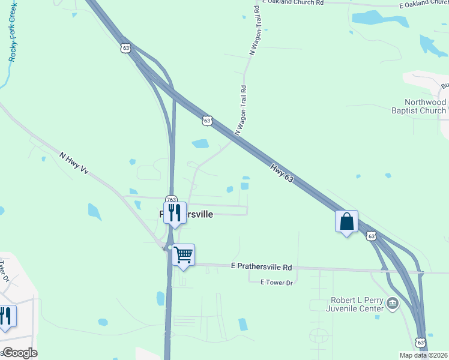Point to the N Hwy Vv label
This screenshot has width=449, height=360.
point(74,163)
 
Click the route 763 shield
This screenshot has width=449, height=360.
point(171,199)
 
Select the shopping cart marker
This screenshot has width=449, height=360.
point(183,255)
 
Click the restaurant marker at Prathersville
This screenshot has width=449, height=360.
point(175,212)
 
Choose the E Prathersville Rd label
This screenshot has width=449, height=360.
point(261,266)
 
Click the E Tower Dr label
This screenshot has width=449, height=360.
point(276,282)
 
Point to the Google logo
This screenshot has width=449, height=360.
point(19,353)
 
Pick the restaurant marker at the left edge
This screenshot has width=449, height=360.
point(5,316)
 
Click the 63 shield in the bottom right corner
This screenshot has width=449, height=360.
point(421,342)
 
